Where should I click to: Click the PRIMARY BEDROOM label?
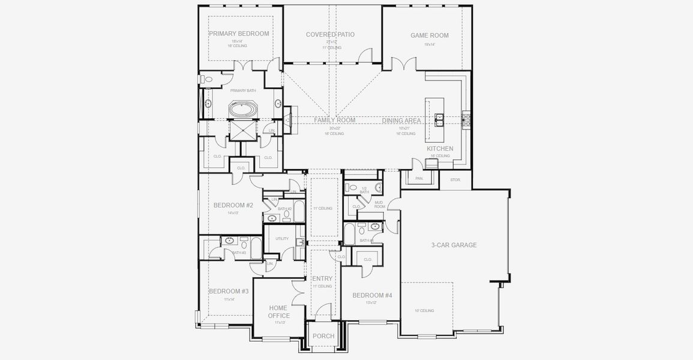239,34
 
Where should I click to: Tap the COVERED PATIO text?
330,35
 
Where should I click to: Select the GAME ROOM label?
429,35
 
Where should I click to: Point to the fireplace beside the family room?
289,118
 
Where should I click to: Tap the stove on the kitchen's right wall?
466,119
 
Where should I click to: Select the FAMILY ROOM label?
334,120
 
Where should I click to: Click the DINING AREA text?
401,121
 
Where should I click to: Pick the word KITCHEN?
439,149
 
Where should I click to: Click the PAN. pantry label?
419,178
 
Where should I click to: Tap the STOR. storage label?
455,179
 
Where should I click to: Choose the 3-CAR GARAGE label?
454,245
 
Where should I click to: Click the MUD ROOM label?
379,204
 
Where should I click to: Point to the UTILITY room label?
281,239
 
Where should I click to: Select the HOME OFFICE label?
279,312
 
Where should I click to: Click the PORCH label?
324,336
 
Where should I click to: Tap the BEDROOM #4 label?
372,295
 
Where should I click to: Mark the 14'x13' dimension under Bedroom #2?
233,213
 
